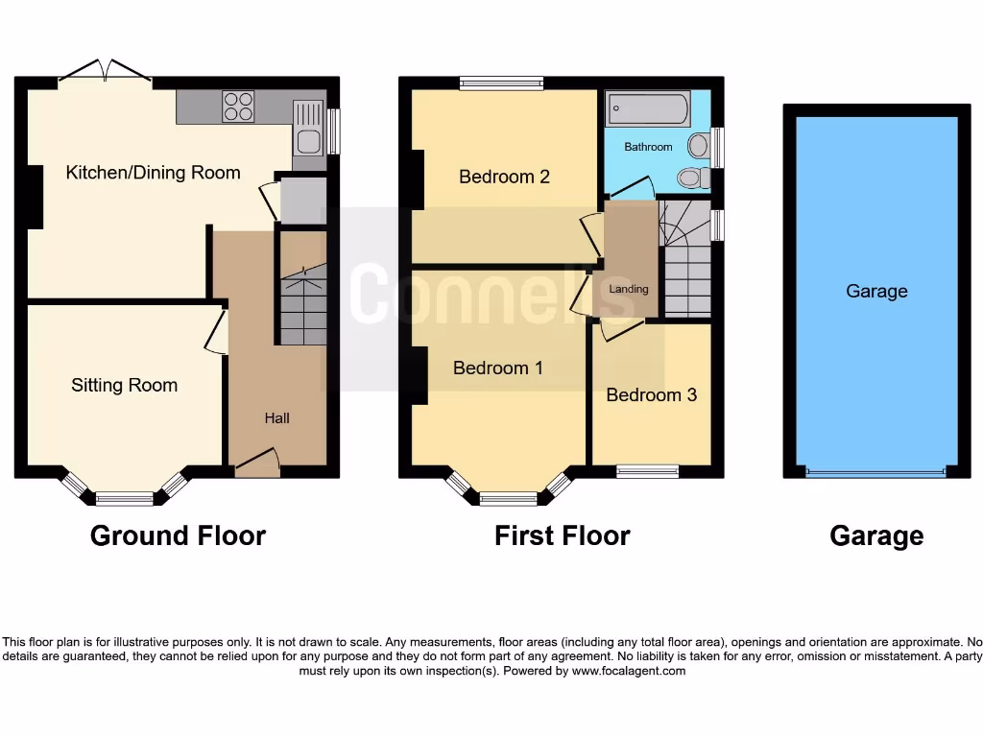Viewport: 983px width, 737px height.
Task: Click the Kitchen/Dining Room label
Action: coord(153,173)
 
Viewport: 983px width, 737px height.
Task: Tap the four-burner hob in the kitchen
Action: coord(238,106)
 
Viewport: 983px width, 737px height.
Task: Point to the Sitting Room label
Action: coord(124,385)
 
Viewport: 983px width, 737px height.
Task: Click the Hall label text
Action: coord(276,418)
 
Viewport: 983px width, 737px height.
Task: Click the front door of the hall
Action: coord(256,464)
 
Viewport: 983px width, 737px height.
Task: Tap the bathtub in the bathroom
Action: coord(648,108)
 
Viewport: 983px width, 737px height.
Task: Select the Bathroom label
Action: coord(648,147)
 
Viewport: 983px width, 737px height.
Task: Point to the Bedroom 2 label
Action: coord(504,177)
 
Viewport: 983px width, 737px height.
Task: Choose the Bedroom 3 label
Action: coord(651,394)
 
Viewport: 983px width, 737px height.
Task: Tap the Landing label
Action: coord(629,289)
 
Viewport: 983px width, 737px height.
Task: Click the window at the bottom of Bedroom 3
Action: coord(647,470)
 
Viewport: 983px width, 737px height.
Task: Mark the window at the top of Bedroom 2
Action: coord(501,83)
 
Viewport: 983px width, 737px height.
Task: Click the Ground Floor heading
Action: coord(178,535)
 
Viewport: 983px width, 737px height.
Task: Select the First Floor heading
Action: coord(562,535)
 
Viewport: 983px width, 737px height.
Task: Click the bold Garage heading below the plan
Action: coord(876,535)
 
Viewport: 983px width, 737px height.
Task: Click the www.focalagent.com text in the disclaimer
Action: coord(629,672)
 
